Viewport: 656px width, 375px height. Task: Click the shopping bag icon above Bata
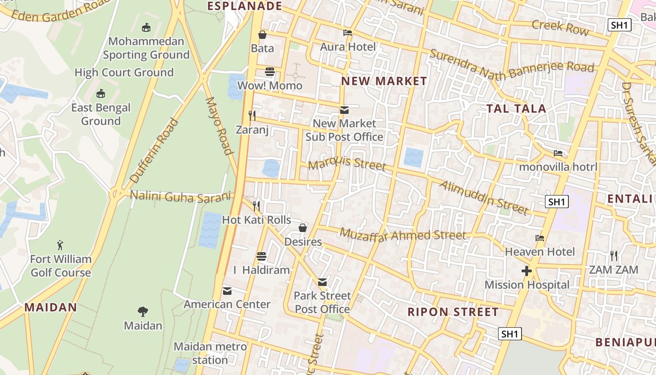pyautogui.click(x=262, y=35)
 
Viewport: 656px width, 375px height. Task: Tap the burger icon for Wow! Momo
pyautogui.click(x=270, y=72)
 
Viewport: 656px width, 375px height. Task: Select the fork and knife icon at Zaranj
pyautogui.click(x=253, y=115)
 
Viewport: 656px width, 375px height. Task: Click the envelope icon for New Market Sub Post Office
pyautogui.click(x=344, y=110)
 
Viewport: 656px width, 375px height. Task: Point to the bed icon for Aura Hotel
pyautogui.click(x=348, y=33)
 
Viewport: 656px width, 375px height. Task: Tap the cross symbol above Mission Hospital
pyautogui.click(x=527, y=271)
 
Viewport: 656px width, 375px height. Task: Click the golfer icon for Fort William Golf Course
pyautogui.click(x=60, y=245)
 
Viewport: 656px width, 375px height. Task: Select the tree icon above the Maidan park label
pyautogui.click(x=143, y=311)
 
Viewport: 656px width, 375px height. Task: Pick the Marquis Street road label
pyautogui.click(x=347, y=164)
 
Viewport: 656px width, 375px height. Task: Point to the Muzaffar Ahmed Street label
pyautogui.click(x=403, y=235)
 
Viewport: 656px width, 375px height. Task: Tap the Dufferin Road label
pyautogui.click(x=154, y=150)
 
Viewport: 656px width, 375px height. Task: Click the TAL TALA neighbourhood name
pyautogui.click(x=516, y=109)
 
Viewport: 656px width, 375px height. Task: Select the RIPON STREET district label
pyautogui.click(x=453, y=312)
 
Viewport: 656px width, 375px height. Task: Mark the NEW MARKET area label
pyautogui.click(x=384, y=81)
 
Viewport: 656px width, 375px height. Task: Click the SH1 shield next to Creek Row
pyautogui.click(x=619, y=25)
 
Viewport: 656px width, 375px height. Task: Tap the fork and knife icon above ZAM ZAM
pyautogui.click(x=614, y=256)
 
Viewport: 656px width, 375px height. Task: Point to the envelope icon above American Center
pyautogui.click(x=227, y=291)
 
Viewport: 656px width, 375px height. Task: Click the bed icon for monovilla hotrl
pyautogui.click(x=558, y=153)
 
